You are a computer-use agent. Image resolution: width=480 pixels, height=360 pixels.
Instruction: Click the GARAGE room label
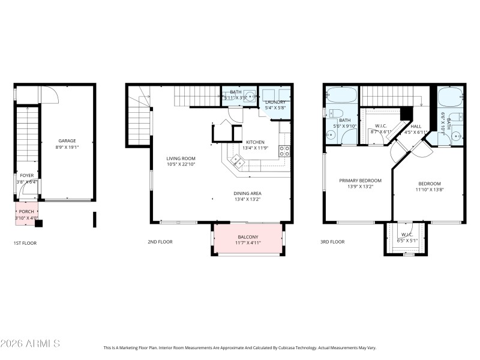point(67,141)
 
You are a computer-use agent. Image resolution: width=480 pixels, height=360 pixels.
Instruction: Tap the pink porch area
point(26,211)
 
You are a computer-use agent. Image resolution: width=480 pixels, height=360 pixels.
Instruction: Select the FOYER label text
point(26,175)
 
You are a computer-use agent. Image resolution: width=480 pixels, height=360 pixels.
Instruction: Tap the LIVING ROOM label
point(181,158)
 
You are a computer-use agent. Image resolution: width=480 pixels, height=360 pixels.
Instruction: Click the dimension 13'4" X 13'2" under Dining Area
point(247,200)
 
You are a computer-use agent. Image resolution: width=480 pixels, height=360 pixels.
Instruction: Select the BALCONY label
point(247,236)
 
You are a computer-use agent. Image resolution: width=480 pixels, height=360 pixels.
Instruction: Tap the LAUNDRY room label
point(275,102)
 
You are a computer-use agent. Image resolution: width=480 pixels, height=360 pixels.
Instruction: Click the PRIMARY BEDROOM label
point(360,181)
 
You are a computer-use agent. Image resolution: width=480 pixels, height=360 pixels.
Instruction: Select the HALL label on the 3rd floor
point(416,126)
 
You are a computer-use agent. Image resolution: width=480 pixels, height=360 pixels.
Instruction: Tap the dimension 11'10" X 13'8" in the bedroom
point(429,190)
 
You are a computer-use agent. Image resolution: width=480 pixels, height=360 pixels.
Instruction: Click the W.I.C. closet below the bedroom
point(407,238)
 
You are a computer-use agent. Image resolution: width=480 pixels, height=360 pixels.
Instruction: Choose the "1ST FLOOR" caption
point(26,242)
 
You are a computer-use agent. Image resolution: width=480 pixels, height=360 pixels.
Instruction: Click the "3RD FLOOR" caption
point(332,242)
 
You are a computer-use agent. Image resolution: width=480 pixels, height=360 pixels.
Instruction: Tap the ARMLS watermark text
point(30,344)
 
